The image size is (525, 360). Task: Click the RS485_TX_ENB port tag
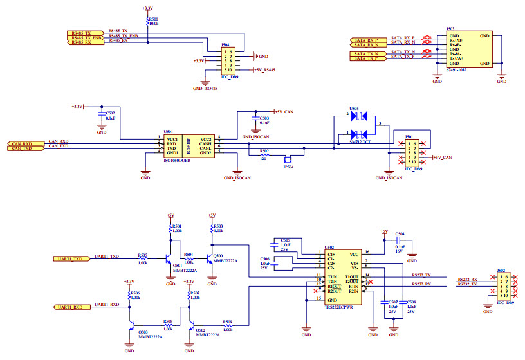coord(85,37)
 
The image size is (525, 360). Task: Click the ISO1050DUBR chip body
coord(188,146)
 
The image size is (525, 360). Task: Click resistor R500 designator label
coord(154,19)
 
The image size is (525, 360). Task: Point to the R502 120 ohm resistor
coord(264,154)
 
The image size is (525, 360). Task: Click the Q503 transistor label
coord(142,331)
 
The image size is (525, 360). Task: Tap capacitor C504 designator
coord(400,234)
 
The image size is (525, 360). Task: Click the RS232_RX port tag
coord(467,279)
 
